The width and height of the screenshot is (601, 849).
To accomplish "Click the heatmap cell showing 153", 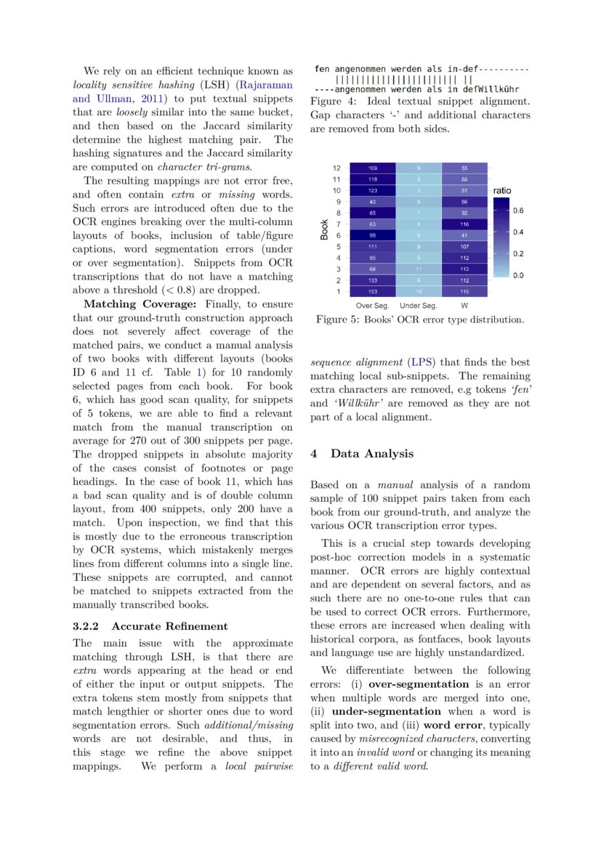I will [373, 291].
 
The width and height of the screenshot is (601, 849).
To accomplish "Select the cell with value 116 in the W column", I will [464, 224].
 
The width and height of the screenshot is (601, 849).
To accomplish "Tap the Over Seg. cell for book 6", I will [373, 235].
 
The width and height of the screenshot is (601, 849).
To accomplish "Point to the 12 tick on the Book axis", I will [336, 168].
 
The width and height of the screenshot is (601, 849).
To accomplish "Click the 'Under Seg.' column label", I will [418, 305].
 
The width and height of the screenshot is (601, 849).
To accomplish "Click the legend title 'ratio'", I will [501, 190].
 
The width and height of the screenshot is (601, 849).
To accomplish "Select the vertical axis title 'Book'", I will [324, 229].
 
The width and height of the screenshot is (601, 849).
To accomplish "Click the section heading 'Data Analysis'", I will [372, 453].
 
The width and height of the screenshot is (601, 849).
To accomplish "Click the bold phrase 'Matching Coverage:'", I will [129, 304].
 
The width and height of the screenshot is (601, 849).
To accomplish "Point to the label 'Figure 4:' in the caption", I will [331, 101].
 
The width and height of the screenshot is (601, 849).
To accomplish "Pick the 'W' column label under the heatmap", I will [464, 305].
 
